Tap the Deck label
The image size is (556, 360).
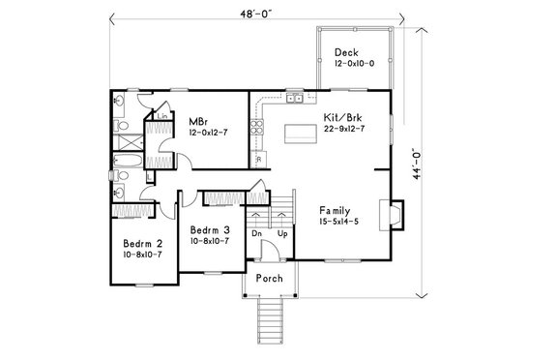(x=346, y=52)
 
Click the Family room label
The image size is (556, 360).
(x=335, y=210)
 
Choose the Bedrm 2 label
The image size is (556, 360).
(x=142, y=242)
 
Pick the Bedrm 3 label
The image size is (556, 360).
(x=209, y=229)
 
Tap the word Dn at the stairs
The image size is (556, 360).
(x=255, y=233)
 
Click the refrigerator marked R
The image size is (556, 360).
(x=258, y=157)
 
